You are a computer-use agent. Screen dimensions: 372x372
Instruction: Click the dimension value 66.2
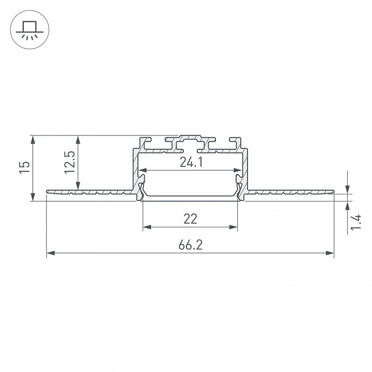point(191,245)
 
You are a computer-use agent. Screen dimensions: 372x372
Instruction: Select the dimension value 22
point(190,219)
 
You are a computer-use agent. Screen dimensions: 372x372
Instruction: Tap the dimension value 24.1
point(191,163)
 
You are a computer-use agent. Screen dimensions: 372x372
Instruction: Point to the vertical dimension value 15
point(25,167)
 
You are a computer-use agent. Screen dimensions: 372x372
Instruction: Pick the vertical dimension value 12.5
point(70,163)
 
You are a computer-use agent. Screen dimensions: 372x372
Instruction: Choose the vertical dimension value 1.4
point(356,222)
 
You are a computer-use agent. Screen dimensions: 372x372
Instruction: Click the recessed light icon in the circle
point(29,30)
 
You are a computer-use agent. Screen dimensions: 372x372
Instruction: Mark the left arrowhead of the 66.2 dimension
point(51,253)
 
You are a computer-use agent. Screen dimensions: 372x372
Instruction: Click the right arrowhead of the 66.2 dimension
point(330,253)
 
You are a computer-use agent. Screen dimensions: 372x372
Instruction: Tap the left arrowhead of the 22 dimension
point(147,227)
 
